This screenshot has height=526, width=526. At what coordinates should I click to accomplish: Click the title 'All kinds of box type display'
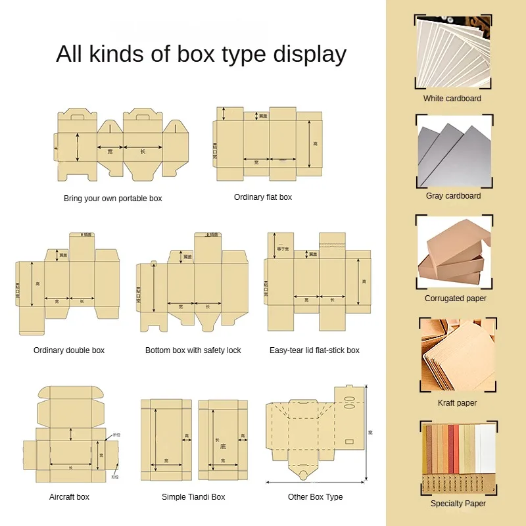point(201,54)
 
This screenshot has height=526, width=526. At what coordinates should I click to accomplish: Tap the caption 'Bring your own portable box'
point(112,198)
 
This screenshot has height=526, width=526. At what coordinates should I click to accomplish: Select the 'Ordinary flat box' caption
point(263,197)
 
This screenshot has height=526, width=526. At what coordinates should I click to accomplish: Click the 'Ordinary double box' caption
point(69,350)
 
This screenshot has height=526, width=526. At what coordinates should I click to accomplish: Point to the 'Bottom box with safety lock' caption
point(193,350)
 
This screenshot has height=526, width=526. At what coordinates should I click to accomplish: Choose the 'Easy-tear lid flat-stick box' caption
point(314,350)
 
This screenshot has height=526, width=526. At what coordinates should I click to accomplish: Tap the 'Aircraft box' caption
point(69,497)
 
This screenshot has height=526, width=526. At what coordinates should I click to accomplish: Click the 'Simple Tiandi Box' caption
point(193,497)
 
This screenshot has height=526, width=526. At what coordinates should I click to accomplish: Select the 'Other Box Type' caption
point(315,497)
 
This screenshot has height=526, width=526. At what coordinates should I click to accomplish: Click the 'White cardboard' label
point(452,99)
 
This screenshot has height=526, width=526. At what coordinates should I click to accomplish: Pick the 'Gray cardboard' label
point(453,196)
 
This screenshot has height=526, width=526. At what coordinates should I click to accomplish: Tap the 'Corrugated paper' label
point(456,299)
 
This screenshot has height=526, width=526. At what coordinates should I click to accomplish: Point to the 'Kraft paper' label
point(458,403)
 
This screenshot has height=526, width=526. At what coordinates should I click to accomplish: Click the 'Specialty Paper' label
point(458,504)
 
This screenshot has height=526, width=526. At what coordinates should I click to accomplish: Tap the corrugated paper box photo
point(455,252)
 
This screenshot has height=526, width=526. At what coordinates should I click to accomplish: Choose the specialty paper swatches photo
point(458,457)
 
